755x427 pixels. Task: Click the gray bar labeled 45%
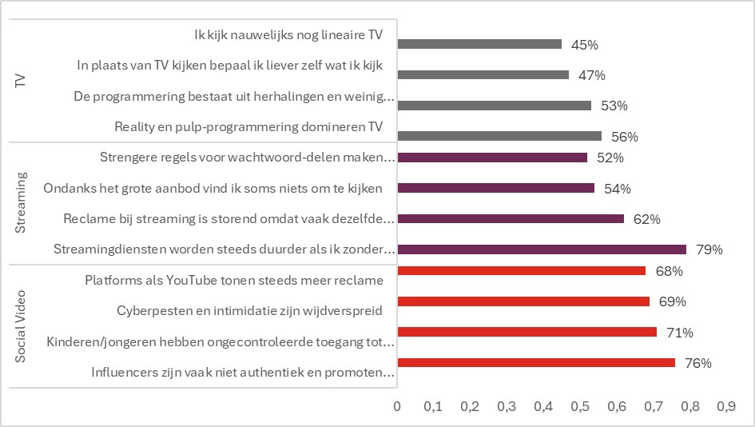[479, 44]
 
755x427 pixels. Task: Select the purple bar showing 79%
[542, 249]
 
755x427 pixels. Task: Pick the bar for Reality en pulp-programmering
[499, 135]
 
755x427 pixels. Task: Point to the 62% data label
[648, 218]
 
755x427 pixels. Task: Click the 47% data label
[592, 75]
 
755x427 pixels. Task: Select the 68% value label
[670, 271]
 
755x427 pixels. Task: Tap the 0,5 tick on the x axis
[580, 407]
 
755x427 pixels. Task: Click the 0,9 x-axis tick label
[726, 407]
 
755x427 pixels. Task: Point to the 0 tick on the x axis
[397, 407]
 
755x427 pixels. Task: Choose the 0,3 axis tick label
[507, 407]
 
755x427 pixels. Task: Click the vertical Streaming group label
[21, 203]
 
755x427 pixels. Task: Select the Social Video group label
[21, 325]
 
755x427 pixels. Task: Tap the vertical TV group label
[21, 80]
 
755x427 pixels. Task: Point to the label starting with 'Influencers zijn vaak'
[243, 372]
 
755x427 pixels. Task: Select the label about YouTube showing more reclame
[234, 281]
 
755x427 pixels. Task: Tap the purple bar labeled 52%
[492, 158]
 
